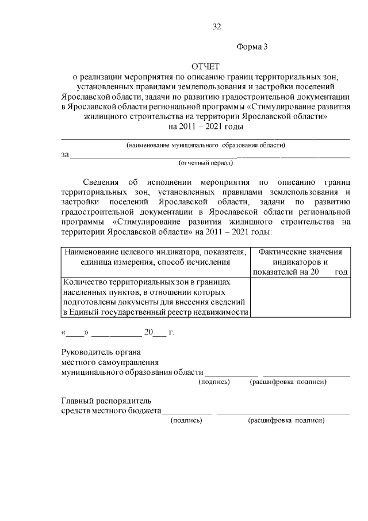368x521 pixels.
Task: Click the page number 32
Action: (217, 26)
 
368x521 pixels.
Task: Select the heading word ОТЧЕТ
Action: (205, 67)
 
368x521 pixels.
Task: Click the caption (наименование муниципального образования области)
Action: (205, 145)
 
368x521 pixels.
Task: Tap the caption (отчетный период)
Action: (205, 163)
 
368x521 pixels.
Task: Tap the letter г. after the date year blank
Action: (171, 332)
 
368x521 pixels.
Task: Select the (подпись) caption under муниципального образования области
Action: (214, 382)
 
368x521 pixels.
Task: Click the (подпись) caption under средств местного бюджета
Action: (186, 420)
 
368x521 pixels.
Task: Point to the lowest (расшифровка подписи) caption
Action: (286, 420)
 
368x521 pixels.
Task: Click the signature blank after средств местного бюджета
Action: (187, 410)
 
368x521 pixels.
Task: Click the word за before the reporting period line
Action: (65, 154)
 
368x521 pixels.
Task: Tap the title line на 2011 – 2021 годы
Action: (205, 127)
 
